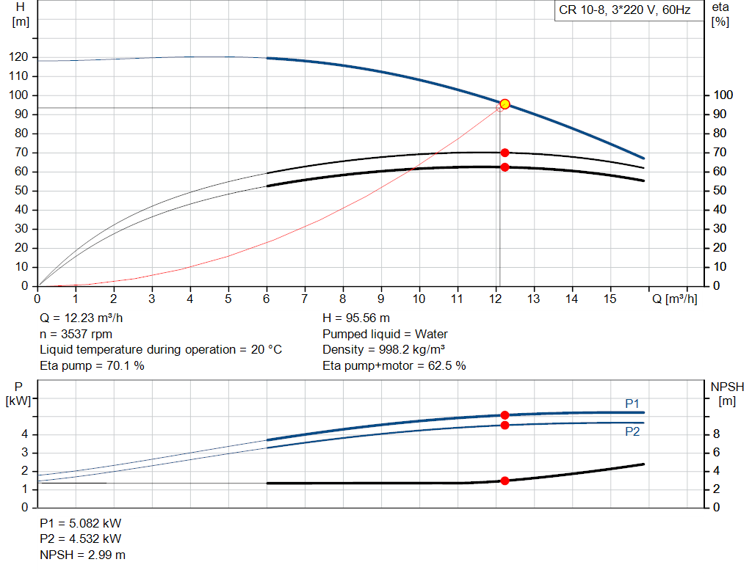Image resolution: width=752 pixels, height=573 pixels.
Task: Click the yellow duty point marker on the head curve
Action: click(x=505, y=104)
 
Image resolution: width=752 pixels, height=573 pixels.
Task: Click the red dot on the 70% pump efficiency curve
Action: click(x=505, y=153)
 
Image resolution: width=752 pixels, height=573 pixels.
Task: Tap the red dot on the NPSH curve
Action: click(x=505, y=481)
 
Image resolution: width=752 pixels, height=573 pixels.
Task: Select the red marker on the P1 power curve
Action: click(x=505, y=415)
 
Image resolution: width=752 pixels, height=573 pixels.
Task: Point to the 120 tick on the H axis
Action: click(x=21, y=57)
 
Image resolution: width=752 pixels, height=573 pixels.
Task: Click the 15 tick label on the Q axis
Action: click(x=610, y=299)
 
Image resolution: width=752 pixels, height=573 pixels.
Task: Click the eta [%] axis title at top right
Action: click(x=720, y=14)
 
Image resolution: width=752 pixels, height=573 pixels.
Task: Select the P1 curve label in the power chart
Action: click(x=632, y=404)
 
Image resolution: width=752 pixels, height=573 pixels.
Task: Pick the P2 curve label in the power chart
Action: click(x=632, y=432)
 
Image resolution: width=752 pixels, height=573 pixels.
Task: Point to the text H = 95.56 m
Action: click(x=356, y=318)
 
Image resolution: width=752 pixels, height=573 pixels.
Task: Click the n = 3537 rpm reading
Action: click(x=76, y=334)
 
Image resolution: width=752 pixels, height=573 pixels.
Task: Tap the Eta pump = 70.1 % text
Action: click(x=92, y=365)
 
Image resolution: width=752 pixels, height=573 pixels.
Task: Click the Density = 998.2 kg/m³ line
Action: click(x=384, y=350)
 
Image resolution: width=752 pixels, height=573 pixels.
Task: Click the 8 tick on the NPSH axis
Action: click(x=716, y=434)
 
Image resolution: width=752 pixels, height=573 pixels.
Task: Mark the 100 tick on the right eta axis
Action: click(x=723, y=95)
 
